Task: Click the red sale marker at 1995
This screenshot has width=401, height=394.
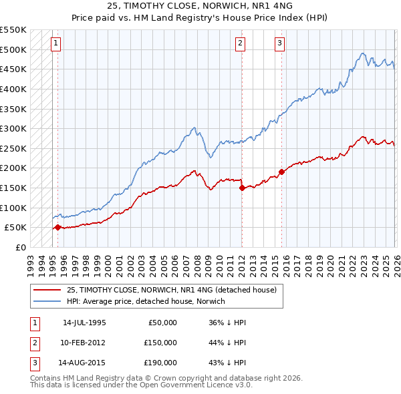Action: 57,227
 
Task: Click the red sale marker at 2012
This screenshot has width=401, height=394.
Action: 241,188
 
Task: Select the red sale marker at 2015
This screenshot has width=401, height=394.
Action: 281,172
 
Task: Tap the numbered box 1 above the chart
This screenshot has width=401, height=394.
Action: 57,43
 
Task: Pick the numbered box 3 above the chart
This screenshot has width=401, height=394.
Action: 280,43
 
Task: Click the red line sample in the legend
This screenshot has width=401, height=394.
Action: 47,289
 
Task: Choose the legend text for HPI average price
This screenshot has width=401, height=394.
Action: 146,301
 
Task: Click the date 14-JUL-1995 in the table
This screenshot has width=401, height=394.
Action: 84,323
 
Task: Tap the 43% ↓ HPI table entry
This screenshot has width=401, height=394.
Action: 227,363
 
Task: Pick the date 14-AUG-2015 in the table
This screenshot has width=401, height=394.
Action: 84,363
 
